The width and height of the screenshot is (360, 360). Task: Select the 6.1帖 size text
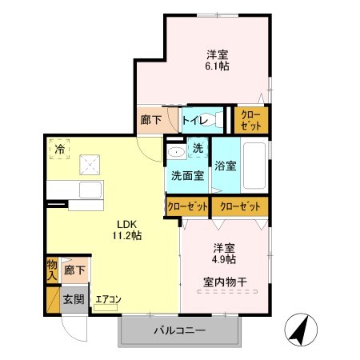218,68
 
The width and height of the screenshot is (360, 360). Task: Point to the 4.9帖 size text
224,260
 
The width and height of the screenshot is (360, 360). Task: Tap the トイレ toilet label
194,121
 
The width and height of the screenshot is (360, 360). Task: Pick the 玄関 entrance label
74,300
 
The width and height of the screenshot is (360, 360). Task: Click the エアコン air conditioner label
108,300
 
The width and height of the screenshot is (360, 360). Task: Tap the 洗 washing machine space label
199,149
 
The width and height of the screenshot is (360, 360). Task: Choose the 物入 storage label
52,268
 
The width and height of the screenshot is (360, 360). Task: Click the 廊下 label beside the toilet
151,121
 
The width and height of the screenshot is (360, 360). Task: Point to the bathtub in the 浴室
256,166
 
